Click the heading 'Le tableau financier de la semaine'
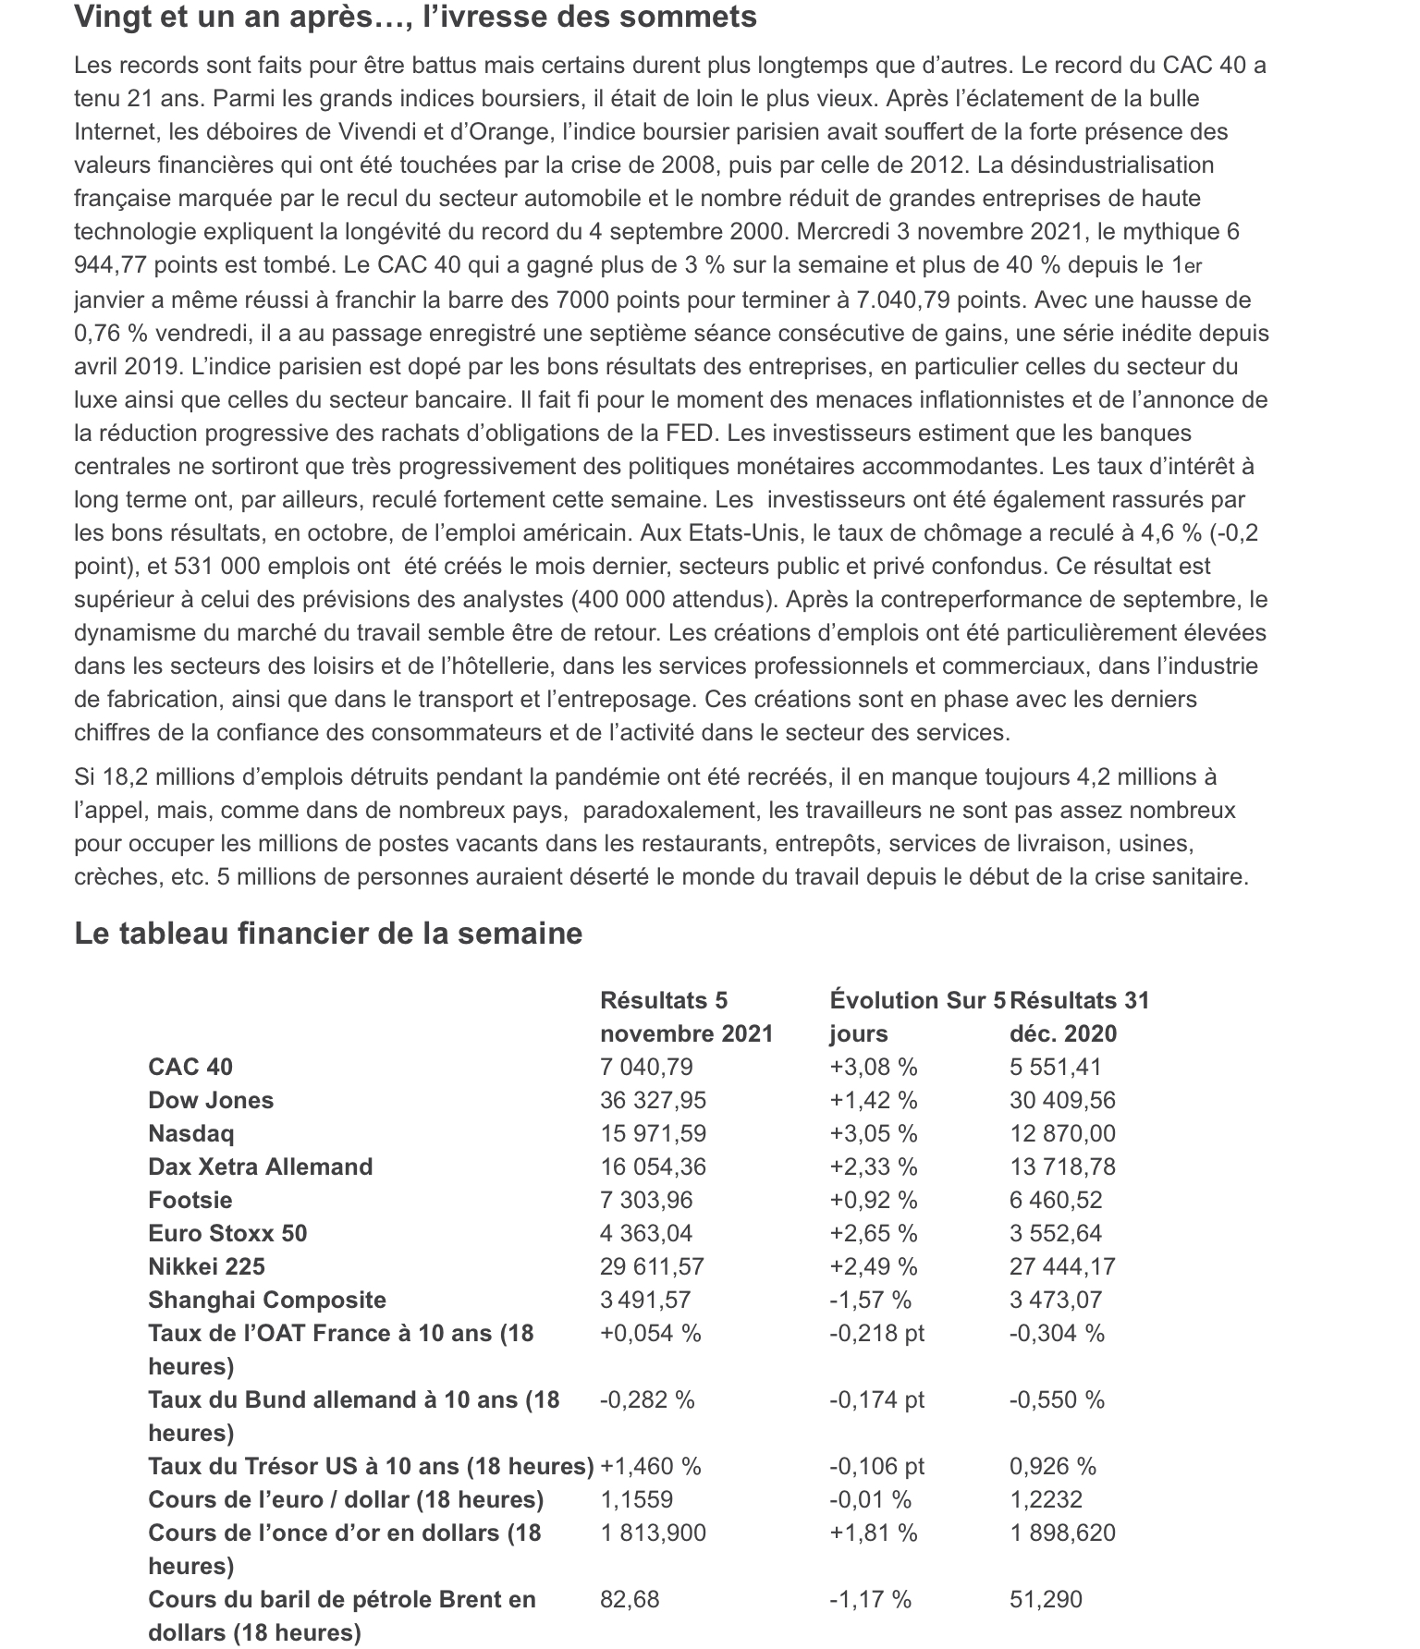(x=328, y=934)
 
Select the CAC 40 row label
(x=190, y=1067)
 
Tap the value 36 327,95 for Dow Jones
(x=653, y=1100)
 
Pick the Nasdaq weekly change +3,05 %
(x=873, y=1133)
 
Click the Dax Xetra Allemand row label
(x=260, y=1167)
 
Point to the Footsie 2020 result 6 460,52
(x=1056, y=1200)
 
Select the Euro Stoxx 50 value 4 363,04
(x=646, y=1233)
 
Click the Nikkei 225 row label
(x=206, y=1266)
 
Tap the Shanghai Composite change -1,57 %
(x=870, y=1300)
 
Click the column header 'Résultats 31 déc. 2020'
(x=1079, y=1016)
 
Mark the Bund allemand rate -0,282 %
(x=647, y=1399)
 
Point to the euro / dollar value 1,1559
(x=636, y=1499)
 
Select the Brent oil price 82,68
(x=630, y=1599)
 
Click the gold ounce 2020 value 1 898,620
(x=1062, y=1533)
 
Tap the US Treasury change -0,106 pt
(x=876, y=1466)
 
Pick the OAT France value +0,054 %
(x=651, y=1333)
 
